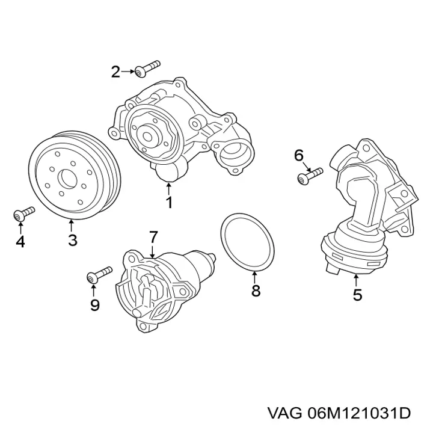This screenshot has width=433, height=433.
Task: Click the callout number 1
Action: [169, 203]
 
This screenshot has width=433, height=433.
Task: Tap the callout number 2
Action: [116, 73]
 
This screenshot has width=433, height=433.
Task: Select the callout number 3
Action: [72, 241]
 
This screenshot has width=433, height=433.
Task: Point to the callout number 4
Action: [20, 242]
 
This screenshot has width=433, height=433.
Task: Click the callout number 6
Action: [299, 156]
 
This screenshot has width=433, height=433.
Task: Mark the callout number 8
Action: [256, 291]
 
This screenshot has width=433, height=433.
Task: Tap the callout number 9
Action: [94, 305]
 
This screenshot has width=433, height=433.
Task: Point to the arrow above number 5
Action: [357, 280]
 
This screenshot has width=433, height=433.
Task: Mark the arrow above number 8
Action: [255, 277]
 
